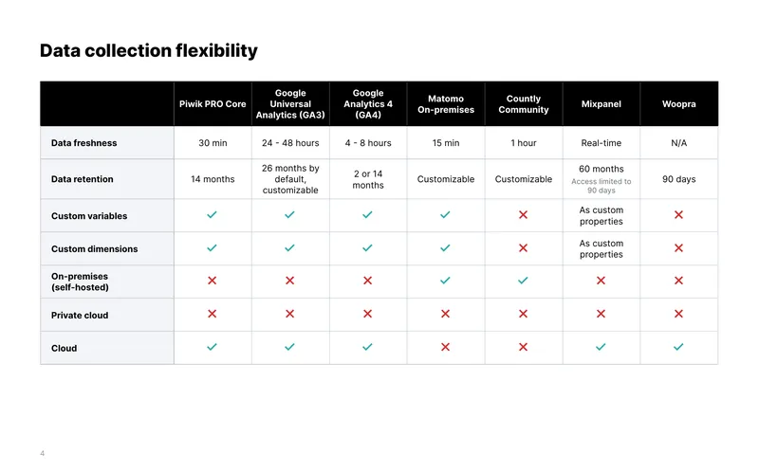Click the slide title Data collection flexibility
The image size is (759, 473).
(149, 51)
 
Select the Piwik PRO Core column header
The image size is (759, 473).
(213, 104)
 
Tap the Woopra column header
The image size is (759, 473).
(678, 104)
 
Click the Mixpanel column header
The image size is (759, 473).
(602, 104)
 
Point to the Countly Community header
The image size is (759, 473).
(524, 104)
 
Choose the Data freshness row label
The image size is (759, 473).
(84, 143)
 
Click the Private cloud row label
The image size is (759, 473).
(80, 315)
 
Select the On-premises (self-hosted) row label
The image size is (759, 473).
(80, 282)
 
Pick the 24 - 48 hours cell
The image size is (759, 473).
(290, 143)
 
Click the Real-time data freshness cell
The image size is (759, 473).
(602, 143)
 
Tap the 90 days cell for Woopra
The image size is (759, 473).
(678, 179)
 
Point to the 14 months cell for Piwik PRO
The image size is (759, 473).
(213, 179)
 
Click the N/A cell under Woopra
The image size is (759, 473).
(678, 143)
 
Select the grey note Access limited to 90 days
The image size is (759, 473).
(602, 186)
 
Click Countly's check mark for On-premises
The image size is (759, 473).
(523, 281)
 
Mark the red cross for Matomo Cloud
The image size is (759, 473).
(445, 347)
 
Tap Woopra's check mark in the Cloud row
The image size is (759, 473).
(678, 347)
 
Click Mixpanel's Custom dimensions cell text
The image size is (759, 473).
(602, 248)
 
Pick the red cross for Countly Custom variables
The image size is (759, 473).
(524, 215)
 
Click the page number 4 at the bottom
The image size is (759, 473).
(42, 453)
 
